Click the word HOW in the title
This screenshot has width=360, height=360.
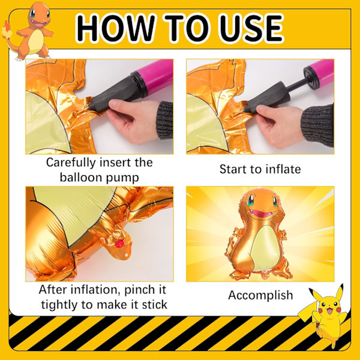[x=115, y=28]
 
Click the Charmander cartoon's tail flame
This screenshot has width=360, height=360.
[x=6, y=30]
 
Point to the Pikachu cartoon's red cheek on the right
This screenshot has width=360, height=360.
[x=338, y=310]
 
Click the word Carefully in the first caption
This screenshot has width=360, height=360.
[x=71, y=163]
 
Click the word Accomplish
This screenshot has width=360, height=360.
[x=260, y=295]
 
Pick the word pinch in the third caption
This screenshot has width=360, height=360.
[x=139, y=290]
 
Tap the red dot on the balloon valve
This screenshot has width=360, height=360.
[x=119, y=244]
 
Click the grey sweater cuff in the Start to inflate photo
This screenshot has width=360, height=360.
[x=317, y=125]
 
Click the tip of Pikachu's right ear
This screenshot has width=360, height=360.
[x=342, y=285]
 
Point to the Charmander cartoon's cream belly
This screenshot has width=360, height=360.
[x=36, y=42]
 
